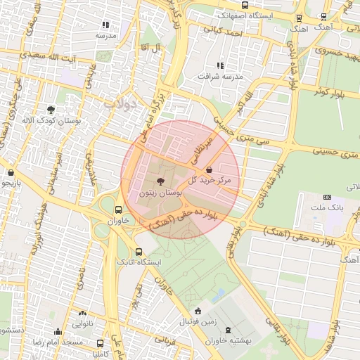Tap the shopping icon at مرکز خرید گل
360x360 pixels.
[210, 169]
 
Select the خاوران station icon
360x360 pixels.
[118, 210]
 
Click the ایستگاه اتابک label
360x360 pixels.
[140, 262]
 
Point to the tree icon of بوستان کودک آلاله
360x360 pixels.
[51, 109]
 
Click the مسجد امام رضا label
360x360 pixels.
[59, 342]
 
